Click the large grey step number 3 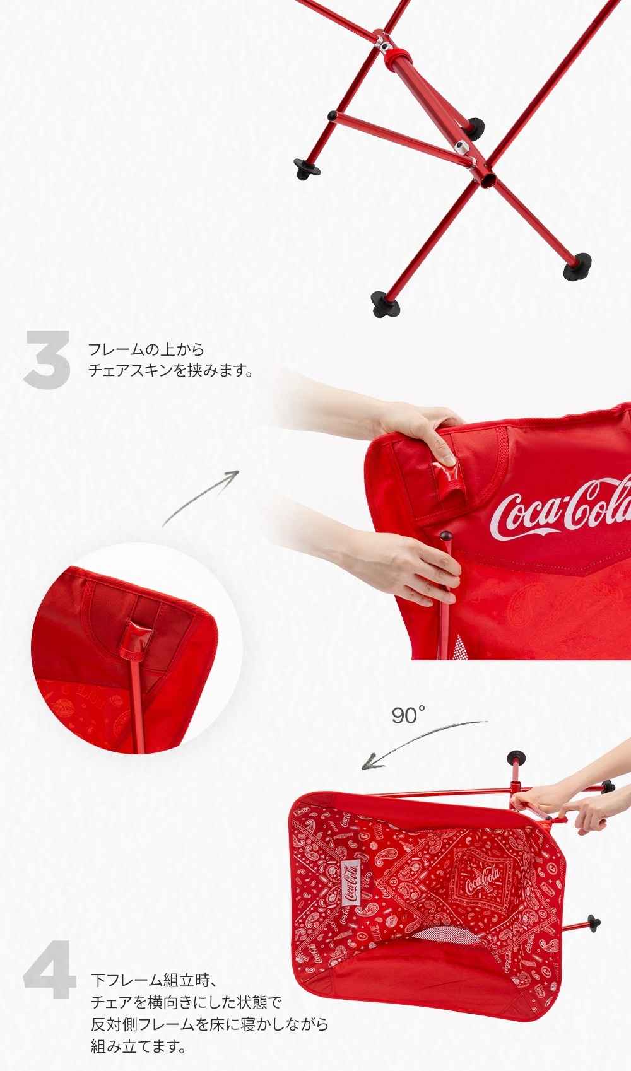47,359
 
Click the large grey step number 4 50,969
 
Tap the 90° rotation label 408,715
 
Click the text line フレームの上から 146,349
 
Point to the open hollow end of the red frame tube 488,180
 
